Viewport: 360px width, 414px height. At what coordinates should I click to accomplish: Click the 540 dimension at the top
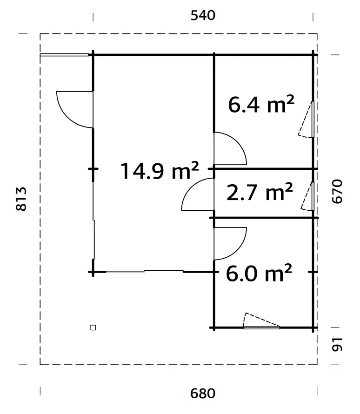(x=203, y=16)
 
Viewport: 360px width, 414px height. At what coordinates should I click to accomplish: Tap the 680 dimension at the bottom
(x=203, y=394)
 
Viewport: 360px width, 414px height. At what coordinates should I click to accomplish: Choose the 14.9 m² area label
(x=160, y=171)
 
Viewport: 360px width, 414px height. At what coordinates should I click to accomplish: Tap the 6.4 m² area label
(x=261, y=105)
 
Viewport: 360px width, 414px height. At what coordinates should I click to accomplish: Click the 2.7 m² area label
(x=259, y=192)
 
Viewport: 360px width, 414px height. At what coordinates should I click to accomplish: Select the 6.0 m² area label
(x=259, y=274)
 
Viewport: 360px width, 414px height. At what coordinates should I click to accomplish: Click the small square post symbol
(x=93, y=327)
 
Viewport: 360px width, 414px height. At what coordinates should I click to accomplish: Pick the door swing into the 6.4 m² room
(x=228, y=149)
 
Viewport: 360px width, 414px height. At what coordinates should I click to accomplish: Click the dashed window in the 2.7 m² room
(x=307, y=196)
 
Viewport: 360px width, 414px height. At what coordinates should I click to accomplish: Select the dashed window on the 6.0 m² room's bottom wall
(x=261, y=322)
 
